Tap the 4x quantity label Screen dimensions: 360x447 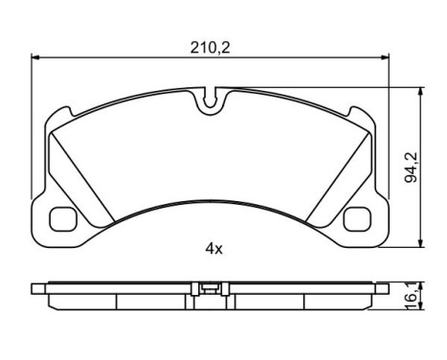pyautogui.click(x=212, y=249)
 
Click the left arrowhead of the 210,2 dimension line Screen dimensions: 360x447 pyautogui.click(x=36, y=56)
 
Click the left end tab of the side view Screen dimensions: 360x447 pyautogui.click(x=39, y=287)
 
